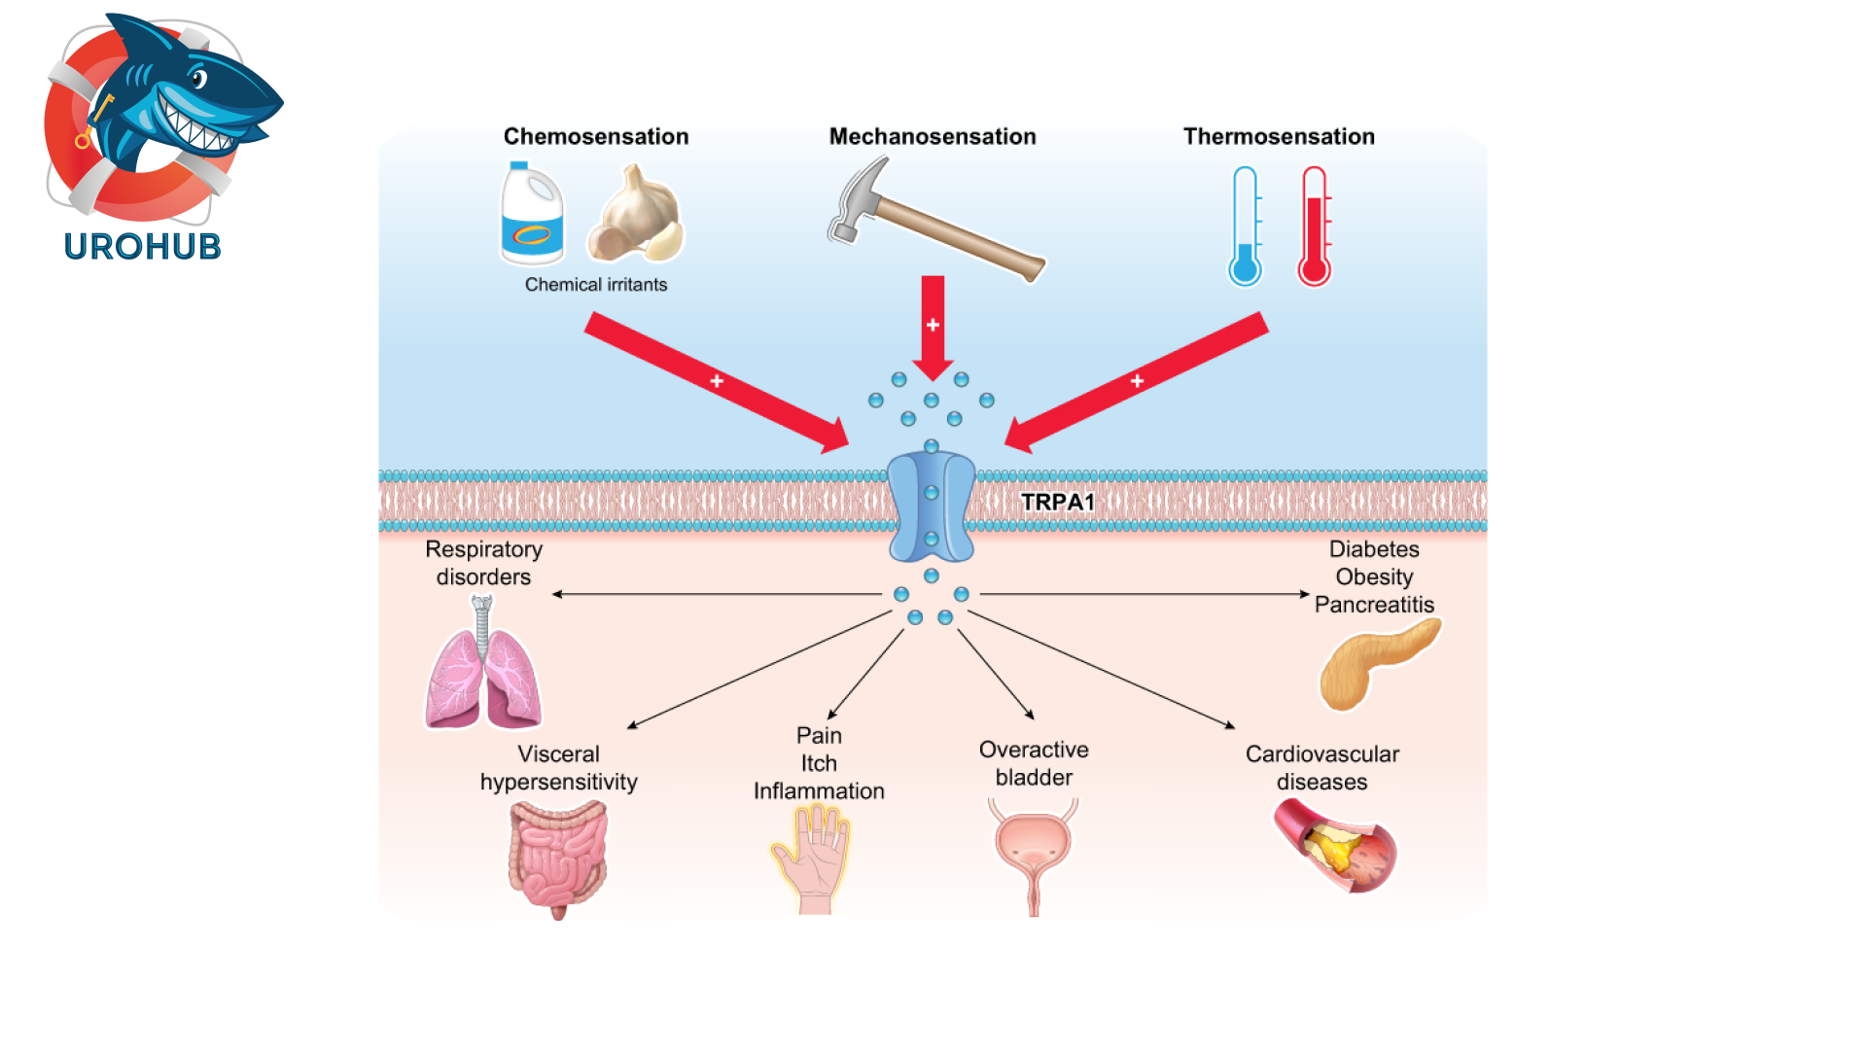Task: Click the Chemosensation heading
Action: pos(595,136)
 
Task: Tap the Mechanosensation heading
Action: pos(932,136)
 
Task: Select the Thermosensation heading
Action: pos(1278,136)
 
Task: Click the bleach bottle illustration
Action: pos(531,214)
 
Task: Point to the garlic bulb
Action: pos(637,214)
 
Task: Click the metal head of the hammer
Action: pos(856,199)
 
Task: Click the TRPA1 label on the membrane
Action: pos(1057,502)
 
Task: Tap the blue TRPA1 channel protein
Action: pos(931,507)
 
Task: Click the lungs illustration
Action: pos(483,671)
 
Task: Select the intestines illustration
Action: pos(557,856)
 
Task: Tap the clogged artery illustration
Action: pos(1336,846)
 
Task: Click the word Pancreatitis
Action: pos(1373,605)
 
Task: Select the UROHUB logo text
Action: pos(143,247)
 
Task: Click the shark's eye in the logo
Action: pos(198,79)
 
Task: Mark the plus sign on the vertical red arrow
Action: pos(933,325)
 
